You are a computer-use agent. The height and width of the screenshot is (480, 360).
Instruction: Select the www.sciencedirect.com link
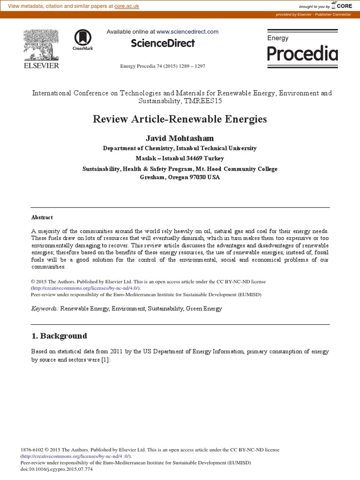(187, 32)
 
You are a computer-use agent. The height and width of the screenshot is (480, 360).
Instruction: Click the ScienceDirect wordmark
(162, 43)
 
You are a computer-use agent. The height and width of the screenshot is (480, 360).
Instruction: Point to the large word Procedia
(302, 54)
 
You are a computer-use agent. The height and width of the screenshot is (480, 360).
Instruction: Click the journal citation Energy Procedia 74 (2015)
(163, 66)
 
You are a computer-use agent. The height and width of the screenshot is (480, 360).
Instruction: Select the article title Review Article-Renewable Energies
(180, 119)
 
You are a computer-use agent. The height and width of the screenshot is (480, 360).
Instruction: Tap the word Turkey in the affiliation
(213, 158)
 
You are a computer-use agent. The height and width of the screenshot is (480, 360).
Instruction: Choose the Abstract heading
(42, 217)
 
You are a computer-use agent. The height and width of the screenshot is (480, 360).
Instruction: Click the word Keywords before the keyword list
(44, 308)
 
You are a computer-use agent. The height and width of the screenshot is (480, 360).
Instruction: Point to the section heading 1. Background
(59, 336)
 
